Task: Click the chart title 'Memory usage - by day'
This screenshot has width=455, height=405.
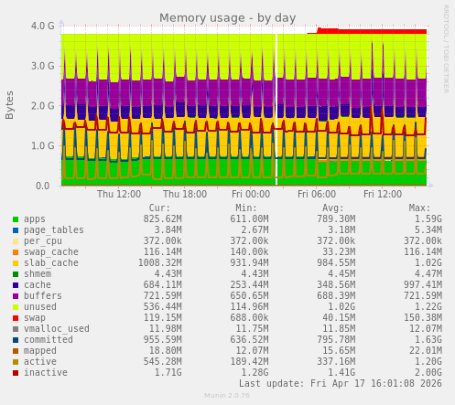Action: [x=228, y=17]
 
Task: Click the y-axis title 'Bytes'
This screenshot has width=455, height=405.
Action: [x=10, y=104]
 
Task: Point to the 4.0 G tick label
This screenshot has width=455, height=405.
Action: [x=42, y=26]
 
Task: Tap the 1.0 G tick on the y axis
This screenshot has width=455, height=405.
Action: [x=42, y=145]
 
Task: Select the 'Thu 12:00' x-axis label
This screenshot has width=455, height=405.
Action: [x=119, y=194]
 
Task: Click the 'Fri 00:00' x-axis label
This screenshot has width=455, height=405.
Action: [x=251, y=194]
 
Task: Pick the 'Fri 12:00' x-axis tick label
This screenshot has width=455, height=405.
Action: [x=383, y=194]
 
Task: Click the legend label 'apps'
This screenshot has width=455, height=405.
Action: [x=35, y=219]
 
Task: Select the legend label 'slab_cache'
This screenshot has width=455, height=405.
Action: [x=51, y=263]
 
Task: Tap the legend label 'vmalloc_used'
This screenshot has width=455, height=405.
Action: [x=57, y=329]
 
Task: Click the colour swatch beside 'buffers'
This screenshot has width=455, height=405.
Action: [x=16, y=296]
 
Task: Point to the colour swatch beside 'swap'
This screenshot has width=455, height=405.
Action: [x=16, y=318]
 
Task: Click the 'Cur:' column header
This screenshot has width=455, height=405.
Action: [x=159, y=208]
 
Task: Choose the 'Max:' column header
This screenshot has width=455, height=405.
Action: [x=419, y=208]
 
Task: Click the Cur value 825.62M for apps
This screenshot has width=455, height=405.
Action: [x=162, y=219]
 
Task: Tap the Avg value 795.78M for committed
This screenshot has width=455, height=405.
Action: [x=336, y=340]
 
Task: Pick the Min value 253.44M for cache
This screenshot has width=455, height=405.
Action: [x=249, y=285]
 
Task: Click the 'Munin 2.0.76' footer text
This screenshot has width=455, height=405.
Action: [x=227, y=396]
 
